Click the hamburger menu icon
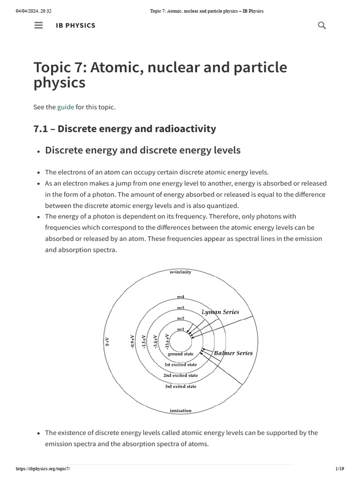[x=39, y=25]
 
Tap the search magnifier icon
[x=322, y=25]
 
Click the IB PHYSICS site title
[x=75, y=25]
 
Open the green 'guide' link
[x=66, y=107]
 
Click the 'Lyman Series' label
[x=220, y=312]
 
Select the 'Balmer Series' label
[x=233, y=353]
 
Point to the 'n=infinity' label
[x=180, y=272]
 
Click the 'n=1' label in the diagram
[x=180, y=329]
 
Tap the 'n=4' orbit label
[x=180, y=297]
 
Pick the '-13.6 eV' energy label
[x=167, y=341]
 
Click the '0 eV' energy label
[x=107, y=342]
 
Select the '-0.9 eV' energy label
[x=133, y=341]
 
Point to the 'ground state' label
[x=180, y=354]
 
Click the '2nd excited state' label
[x=180, y=375]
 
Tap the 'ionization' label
[x=180, y=411]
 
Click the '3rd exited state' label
[x=180, y=387]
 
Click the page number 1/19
[x=340, y=469]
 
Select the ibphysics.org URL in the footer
[x=43, y=469]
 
